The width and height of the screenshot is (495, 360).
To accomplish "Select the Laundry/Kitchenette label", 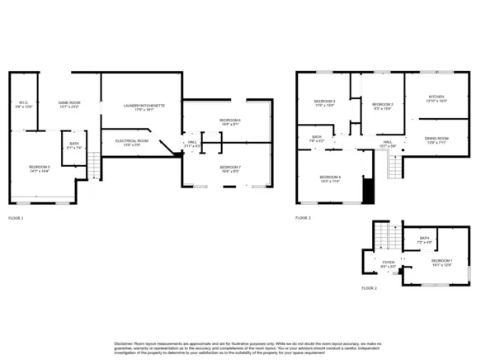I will tap(144, 106).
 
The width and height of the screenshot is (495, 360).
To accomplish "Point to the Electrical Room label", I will tap(131, 141).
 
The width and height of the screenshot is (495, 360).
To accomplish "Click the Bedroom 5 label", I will tap(40, 168).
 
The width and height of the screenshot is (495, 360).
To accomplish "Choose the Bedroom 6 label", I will tap(229, 121).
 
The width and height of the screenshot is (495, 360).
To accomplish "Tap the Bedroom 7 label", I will tap(229, 168).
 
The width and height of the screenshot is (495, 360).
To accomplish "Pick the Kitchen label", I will tap(436, 97).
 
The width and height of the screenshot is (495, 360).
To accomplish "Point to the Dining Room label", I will tap(436, 139).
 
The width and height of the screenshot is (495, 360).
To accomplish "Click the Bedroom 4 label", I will tap(330, 178).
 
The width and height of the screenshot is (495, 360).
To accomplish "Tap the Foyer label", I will tap(388, 263).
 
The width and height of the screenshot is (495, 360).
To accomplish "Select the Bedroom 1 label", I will tap(441, 261).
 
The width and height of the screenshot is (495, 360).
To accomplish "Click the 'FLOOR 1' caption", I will tap(16, 218).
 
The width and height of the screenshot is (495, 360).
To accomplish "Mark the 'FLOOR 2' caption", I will tap(369, 288).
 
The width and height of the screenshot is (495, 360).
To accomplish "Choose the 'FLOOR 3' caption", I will tap(303, 218).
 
